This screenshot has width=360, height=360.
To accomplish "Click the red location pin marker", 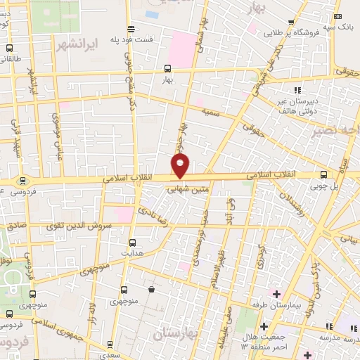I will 181,166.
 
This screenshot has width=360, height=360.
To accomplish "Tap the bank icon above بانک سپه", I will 338,17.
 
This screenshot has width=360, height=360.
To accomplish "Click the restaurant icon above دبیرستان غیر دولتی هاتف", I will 298,89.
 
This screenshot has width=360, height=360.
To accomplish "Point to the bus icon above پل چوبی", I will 323,174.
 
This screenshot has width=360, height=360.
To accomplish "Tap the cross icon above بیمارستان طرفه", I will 276,293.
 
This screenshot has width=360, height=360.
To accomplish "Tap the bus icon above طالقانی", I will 9,49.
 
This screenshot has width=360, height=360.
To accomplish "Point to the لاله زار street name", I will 91,309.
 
